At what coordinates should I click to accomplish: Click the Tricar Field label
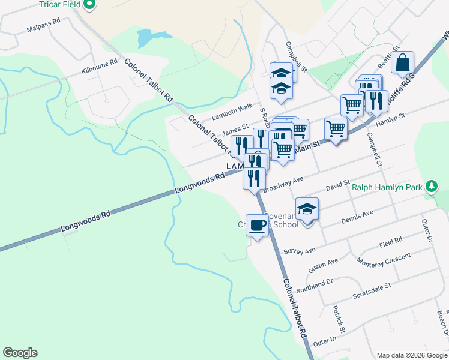tap(60, 5)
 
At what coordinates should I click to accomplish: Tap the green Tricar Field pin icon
tap(89, 5)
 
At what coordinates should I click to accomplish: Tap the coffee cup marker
tap(258, 226)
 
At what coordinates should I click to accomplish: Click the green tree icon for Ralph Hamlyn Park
tap(431, 187)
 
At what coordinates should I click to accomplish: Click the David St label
tap(337, 188)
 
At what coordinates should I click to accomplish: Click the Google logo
tap(20, 353)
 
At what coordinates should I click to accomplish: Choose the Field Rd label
tap(390, 242)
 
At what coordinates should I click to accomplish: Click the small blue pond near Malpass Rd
tap(145, 38)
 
